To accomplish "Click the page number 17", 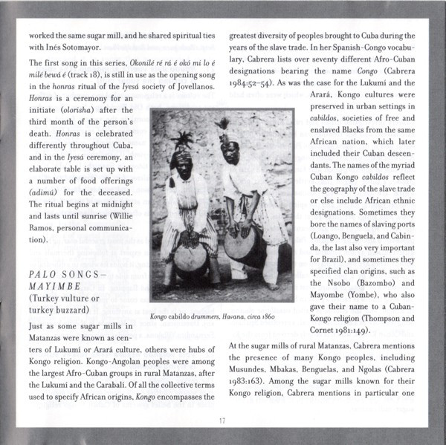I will pyautogui.click(x=222, y=421).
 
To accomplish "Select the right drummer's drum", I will pyautogui.click(x=242, y=244).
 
